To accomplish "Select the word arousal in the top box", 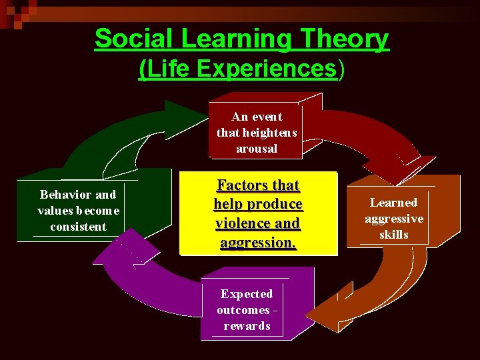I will tap(256, 149).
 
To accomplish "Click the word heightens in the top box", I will tap(270, 133).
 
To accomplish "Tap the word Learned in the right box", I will tap(393, 203).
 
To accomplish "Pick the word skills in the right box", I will tap(393, 235).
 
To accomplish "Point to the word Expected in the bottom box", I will tap(247, 294).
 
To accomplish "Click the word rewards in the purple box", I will tap(247, 326).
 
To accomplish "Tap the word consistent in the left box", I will tap(78, 227).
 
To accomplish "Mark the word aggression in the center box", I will tap(257, 243).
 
